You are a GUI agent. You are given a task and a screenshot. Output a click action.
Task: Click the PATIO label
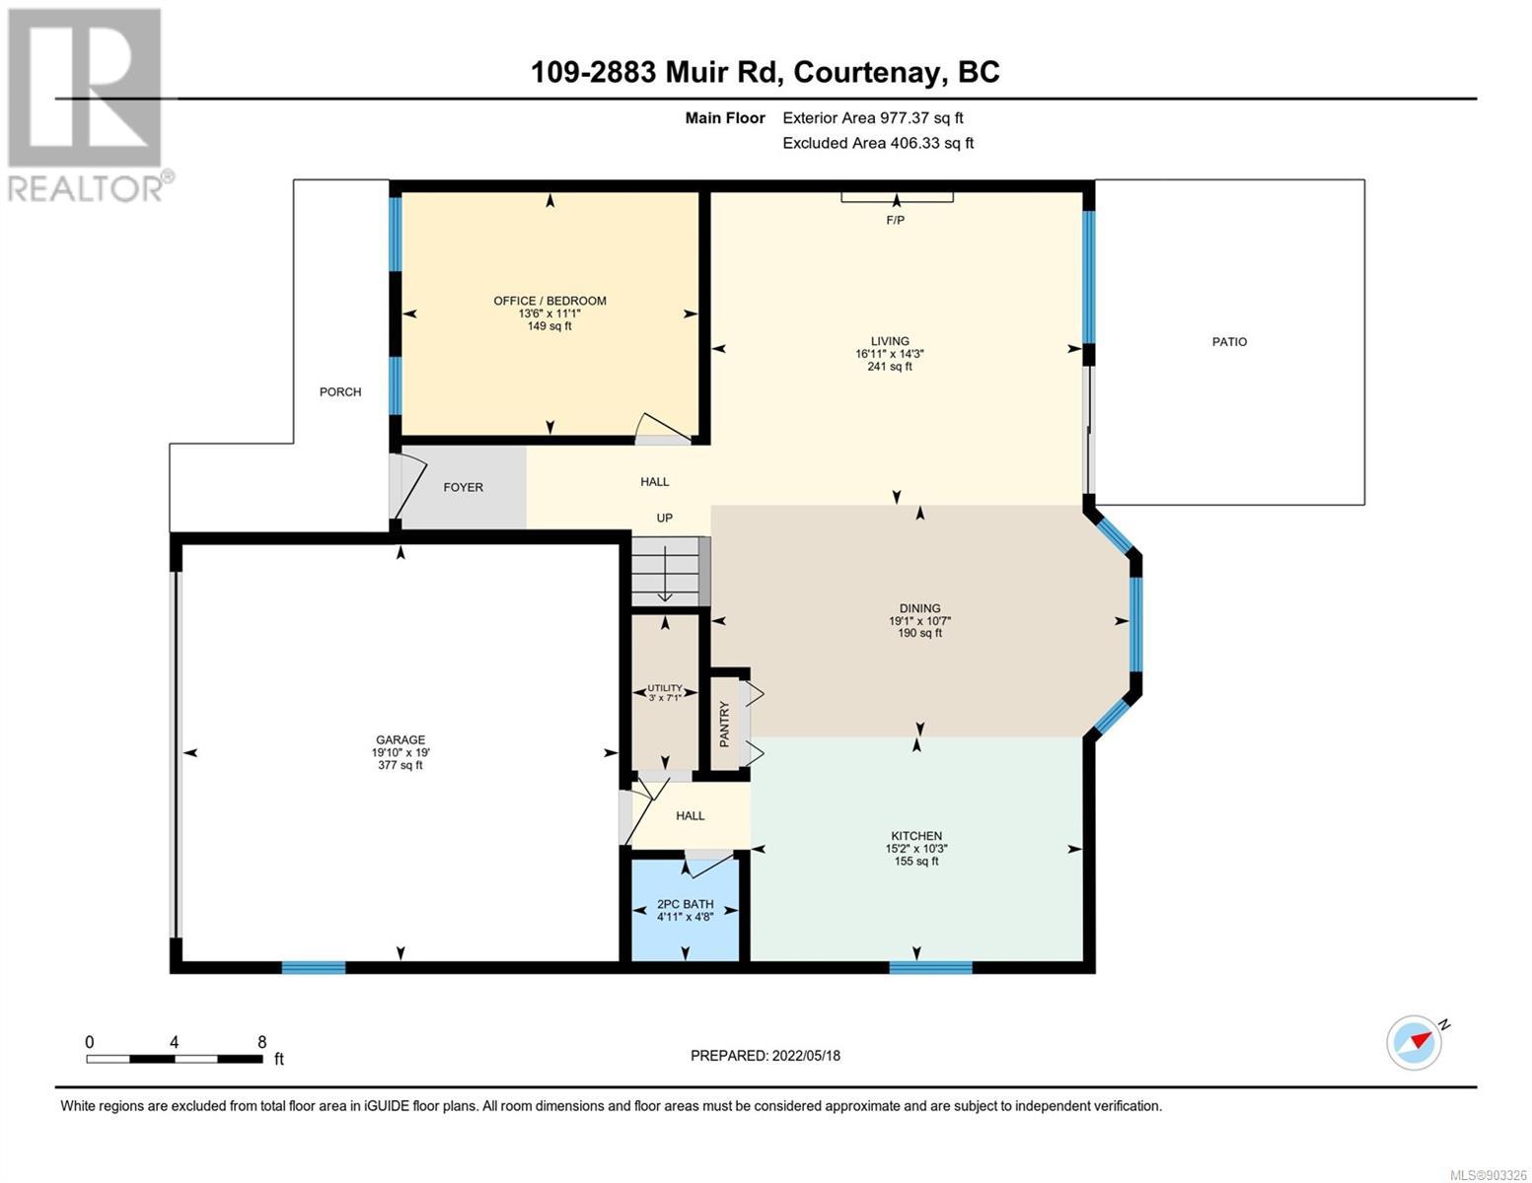pyautogui.click(x=1229, y=342)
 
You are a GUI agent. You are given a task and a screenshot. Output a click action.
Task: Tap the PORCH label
pyautogui.click(x=339, y=391)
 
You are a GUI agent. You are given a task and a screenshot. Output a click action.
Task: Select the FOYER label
pyautogui.click(x=464, y=487)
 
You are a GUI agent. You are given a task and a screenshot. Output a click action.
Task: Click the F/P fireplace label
pyautogui.click(x=895, y=220)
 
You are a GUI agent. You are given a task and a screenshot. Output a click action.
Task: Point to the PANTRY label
pyautogui.click(x=724, y=724)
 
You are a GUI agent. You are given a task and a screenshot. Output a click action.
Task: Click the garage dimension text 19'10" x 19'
pyautogui.click(x=400, y=752)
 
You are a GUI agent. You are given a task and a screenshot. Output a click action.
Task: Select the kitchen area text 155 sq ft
pyautogui.click(x=915, y=861)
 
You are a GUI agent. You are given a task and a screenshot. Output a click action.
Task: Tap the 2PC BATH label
pyautogui.click(x=685, y=904)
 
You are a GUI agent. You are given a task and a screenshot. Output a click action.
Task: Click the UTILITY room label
pyautogui.click(x=664, y=688)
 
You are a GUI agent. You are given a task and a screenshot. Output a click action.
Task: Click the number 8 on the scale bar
pyautogui.click(x=261, y=1042)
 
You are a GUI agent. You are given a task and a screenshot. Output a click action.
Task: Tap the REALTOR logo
pyautogui.click(x=88, y=104)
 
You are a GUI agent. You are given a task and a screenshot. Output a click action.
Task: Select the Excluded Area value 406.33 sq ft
pyautogui.click(x=931, y=143)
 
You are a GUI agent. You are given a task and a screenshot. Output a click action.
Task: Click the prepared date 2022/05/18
pyautogui.click(x=806, y=1056)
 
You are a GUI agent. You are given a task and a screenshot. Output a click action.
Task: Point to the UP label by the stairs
pyautogui.click(x=664, y=518)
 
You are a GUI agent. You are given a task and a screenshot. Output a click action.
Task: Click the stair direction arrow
pyautogui.click(x=664, y=577)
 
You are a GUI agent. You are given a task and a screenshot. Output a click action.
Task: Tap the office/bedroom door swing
pyautogui.click(x=662, y=427)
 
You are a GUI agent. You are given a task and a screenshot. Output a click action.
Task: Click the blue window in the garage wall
pyautogui.click(x=313, y=967)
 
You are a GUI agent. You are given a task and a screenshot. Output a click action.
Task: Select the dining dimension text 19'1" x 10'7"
pyautogui.click(x=919, y=621)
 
